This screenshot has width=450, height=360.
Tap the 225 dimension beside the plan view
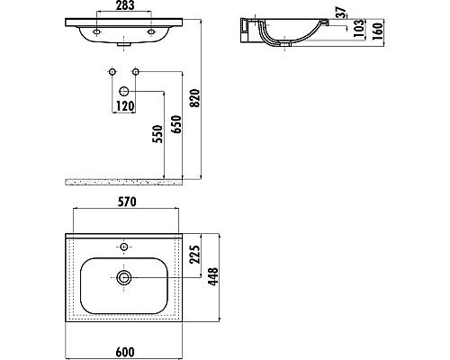tap(195, 258)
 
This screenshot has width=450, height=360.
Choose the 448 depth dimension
tap(214, 277)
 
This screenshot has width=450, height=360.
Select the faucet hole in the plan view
tap(123, 245)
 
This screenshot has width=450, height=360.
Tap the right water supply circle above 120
tap(136, 71)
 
